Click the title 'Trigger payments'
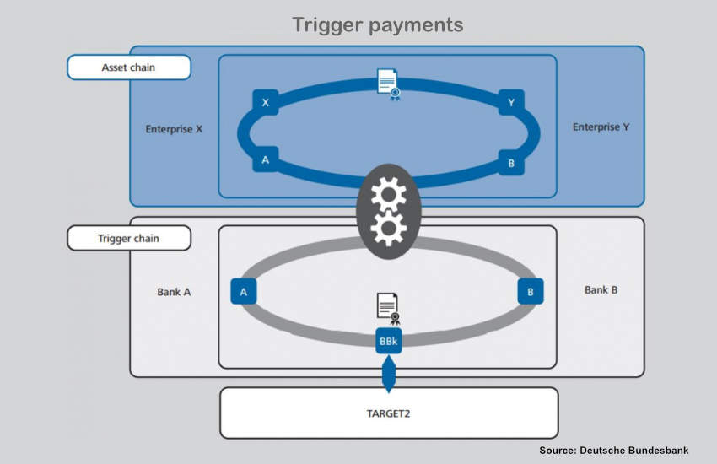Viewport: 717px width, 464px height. pos(377,25)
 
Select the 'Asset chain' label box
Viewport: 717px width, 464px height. pos(129,67)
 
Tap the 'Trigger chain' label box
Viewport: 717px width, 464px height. pos(129,239)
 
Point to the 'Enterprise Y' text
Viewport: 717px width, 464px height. pos(601,127)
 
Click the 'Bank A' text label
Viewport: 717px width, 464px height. pos(174,292)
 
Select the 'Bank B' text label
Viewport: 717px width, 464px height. pos(601,289)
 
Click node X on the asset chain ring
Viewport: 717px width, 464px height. pos(265,102)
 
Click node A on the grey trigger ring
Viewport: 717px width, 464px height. pos(243,292)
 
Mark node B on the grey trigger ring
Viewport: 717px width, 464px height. pos(530,292)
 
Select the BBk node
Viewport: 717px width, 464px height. pos(389,342)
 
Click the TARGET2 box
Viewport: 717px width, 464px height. pos(389,413)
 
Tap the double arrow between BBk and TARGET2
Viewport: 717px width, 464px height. pos(388,374)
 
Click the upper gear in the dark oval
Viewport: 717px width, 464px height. pos(388,195)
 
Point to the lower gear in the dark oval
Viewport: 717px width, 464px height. pos(388,228)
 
